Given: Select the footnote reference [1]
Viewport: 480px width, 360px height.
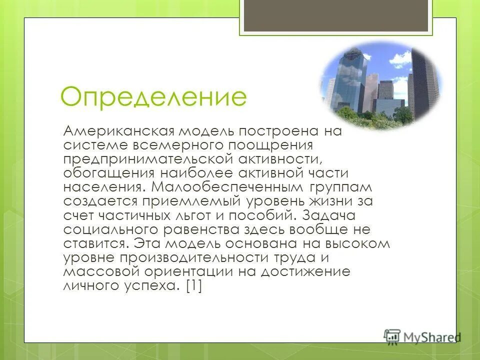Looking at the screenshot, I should tap(193, 286).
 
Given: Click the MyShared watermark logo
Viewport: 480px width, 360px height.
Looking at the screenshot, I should tap(422, 336).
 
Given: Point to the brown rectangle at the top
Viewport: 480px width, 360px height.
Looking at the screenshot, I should tap(335, 15).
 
